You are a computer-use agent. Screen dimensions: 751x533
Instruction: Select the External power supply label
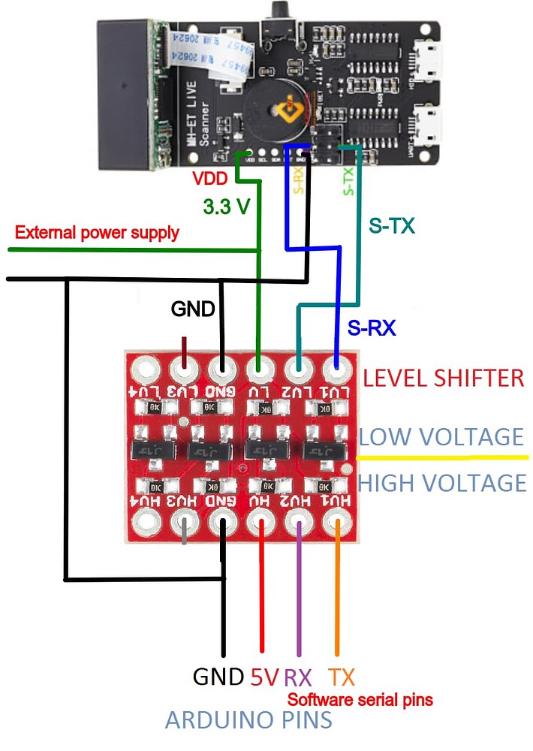pos(97,232)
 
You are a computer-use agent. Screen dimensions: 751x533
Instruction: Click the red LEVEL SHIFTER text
pos(443,378)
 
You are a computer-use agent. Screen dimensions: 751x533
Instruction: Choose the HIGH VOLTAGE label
pos(441,482)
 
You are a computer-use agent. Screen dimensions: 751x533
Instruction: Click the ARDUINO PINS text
pos(248,720)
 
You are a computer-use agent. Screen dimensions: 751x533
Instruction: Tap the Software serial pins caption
pos(360,700)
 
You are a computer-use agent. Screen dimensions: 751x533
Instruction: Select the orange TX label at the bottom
pos(342,677)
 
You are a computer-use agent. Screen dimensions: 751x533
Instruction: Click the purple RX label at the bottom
pos(297,677)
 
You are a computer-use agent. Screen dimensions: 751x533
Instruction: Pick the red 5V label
pos(264,677)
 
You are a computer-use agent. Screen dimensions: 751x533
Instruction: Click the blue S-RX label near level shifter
pos(371,327)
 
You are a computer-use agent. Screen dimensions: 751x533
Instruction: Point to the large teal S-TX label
pos(391,225)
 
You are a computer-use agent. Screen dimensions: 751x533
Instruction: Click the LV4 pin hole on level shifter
pos(145,369)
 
